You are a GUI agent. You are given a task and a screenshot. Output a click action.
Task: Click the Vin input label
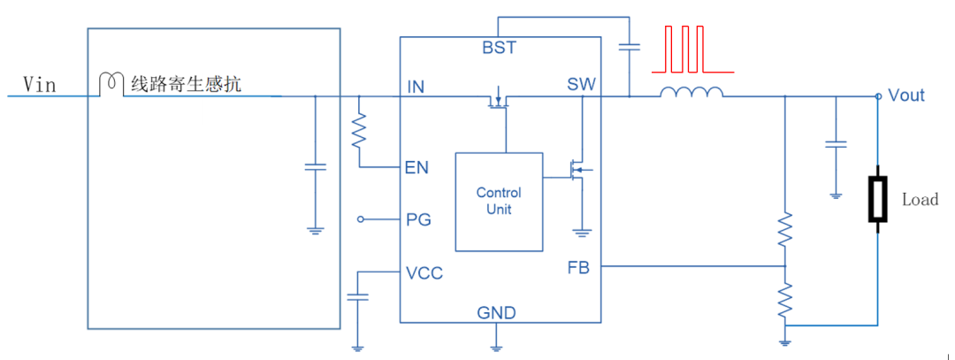click(x=40, y=85)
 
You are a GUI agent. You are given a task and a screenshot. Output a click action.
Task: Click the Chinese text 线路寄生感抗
click(x=186, y=85)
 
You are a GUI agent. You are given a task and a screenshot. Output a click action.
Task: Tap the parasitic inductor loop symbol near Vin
click(x=110, y=82)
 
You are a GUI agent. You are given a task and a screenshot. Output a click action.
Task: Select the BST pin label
click(x=499, y=48)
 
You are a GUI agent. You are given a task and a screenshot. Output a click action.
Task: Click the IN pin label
click(x=416, y=87)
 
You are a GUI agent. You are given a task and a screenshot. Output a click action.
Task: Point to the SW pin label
click(x=581, y=85)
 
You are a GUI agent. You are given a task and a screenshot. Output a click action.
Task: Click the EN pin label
click(x=416, y=167)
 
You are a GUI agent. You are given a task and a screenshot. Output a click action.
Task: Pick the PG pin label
click(x=418, y=219)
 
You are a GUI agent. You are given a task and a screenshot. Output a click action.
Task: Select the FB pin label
click(x=578, y=268)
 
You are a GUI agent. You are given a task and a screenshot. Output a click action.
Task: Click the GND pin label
click(x=496, y=313)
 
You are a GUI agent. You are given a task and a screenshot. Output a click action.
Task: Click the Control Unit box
click(x=499, y=202)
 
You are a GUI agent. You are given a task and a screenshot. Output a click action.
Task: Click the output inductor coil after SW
click(x=691, y=92)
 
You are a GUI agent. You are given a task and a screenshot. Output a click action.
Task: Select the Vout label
click(x=905, y=96)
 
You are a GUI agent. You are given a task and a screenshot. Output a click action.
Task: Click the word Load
click(x=920, y=200)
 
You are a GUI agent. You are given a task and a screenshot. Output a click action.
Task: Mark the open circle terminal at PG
click(x=360, y=219)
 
